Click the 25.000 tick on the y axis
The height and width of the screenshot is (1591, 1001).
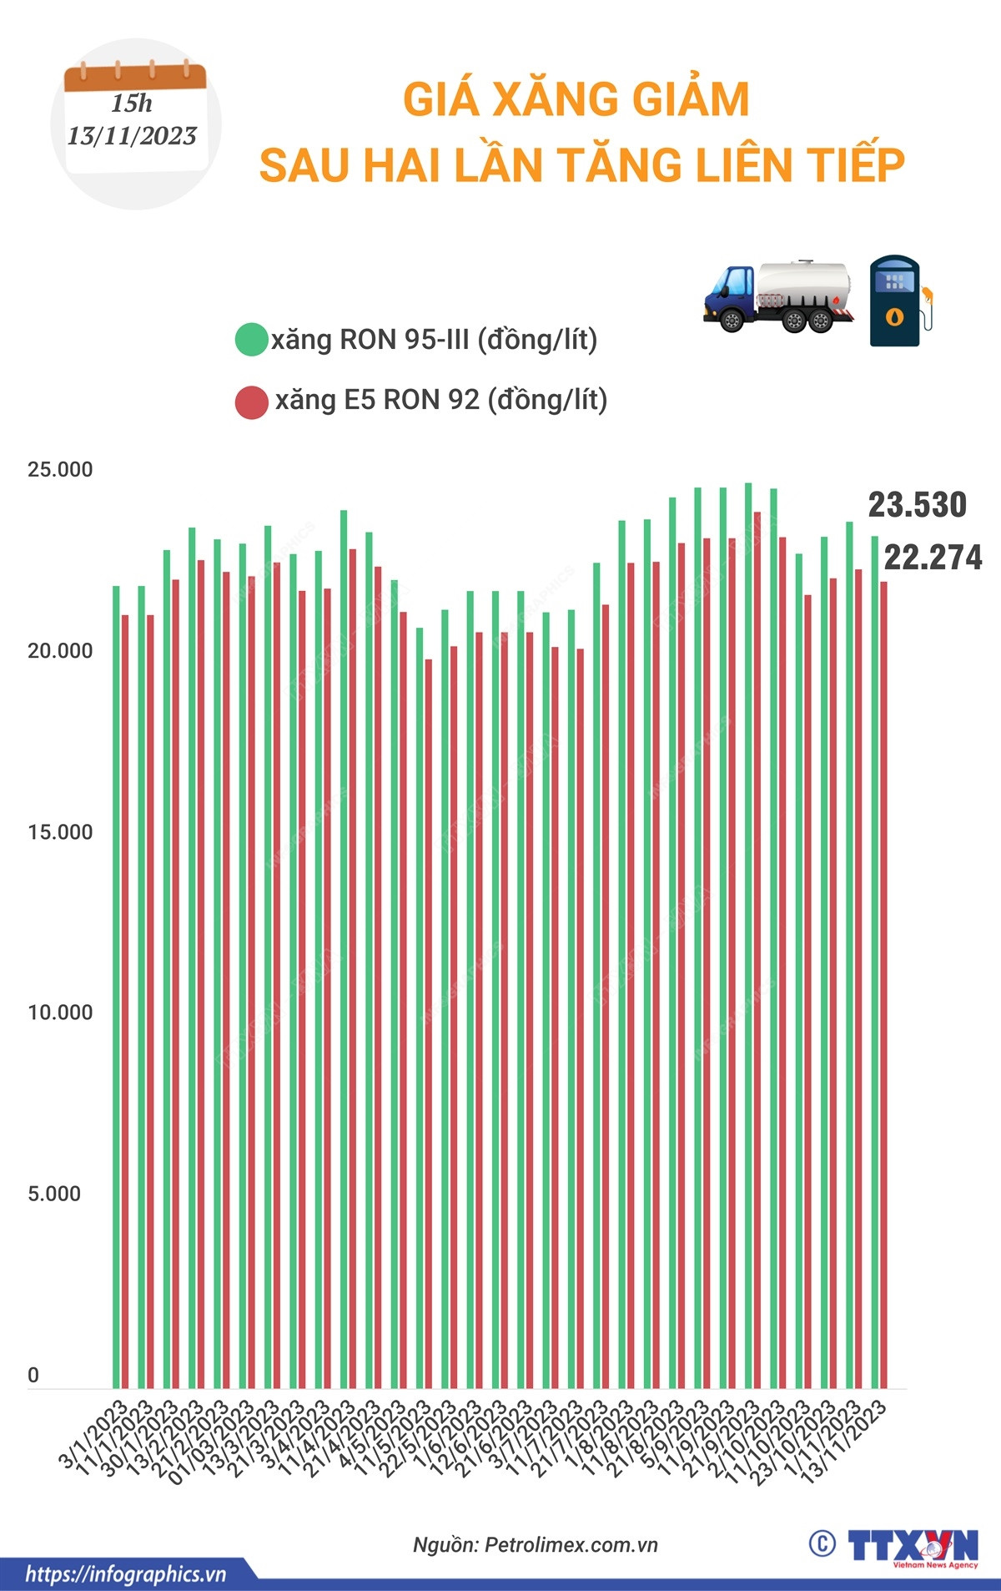[x=60, y=470]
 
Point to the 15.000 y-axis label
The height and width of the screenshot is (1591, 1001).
[x=60, y=832]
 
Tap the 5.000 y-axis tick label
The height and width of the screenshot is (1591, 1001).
[x=54, y=1195]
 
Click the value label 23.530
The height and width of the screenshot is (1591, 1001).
[x=917, y=505]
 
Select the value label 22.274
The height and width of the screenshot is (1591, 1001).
[x=933, y=558]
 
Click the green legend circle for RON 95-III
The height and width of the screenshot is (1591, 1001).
[x=251, y=340]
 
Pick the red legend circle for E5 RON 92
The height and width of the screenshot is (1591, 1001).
[x=251, y=402]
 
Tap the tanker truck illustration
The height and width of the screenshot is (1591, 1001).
[x=779, y=297]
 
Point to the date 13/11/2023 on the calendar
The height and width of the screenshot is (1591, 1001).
[x=132, y=136]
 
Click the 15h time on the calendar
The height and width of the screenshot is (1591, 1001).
[x=132, y=104]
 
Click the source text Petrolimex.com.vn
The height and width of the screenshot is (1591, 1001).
[x=571, y=1545]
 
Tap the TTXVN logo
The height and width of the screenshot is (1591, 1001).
[x=913, y=1547]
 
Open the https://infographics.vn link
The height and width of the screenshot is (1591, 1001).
[x=126, y=1574]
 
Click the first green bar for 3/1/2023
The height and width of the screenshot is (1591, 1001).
[x=116, y=985]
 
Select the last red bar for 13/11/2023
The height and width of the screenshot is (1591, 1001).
[x=883, y=985]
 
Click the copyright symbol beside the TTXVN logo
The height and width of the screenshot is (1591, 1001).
[x=822, y=1544]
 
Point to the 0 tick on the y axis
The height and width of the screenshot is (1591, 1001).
[x=33, y=1375]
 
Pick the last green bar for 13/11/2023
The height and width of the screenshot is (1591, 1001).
[x=875, y=960]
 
